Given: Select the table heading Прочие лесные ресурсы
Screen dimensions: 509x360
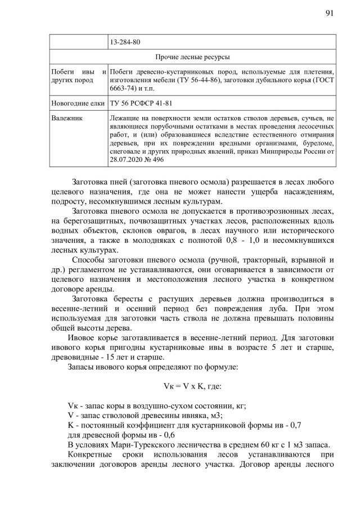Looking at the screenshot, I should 192,57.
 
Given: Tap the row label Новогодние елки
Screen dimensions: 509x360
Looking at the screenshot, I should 76,103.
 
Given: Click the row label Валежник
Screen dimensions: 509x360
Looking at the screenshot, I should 67,119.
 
